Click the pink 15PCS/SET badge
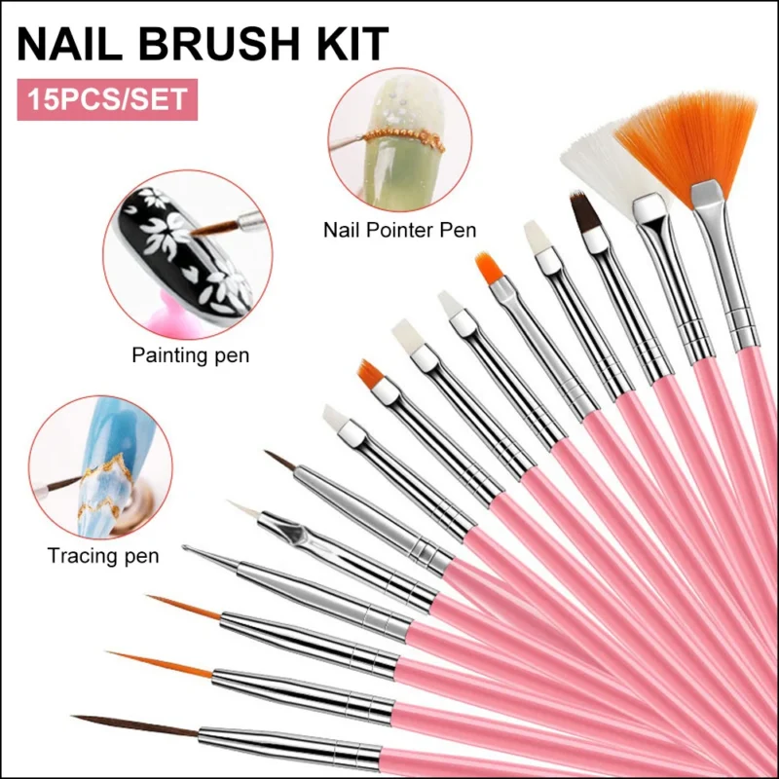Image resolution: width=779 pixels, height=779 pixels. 107,100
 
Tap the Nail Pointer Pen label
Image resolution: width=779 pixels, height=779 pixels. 399,232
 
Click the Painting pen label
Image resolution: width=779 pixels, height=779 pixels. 190,355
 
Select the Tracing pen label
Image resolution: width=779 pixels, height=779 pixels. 103,556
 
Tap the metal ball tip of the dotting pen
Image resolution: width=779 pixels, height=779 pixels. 187,551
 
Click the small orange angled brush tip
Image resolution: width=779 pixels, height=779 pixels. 369,371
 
